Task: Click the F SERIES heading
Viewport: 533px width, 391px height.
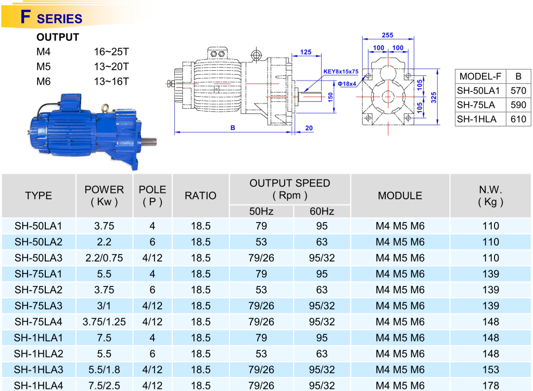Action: [52, 17]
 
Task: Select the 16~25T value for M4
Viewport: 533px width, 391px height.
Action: [111, 51]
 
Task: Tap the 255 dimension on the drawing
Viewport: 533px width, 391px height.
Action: [387, 35]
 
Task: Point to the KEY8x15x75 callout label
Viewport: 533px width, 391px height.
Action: [340, 72]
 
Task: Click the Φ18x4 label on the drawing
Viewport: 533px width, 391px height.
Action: [347, 84]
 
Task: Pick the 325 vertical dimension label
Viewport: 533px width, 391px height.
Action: [434, 97]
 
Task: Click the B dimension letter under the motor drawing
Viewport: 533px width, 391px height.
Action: [233, 127]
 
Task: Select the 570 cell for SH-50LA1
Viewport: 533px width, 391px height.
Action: [518, 90]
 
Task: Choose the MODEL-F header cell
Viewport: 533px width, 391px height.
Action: [480, 76]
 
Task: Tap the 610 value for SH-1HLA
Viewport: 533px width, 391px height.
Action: [518, 119]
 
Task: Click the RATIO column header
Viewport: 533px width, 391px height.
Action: [200, 196]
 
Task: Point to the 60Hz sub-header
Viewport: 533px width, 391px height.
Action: [322, 211]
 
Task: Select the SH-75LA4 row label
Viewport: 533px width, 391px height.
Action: [39, 322]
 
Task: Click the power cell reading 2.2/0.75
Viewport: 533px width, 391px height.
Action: [104, 258]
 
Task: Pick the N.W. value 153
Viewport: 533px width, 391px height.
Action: [491, 370]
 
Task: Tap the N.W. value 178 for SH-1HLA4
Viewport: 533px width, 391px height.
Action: [491, 386]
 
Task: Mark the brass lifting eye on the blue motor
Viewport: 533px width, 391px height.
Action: [105, 108]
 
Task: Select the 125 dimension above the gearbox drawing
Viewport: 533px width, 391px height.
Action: [306, 53]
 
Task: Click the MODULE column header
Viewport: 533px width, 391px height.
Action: [400, 196]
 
